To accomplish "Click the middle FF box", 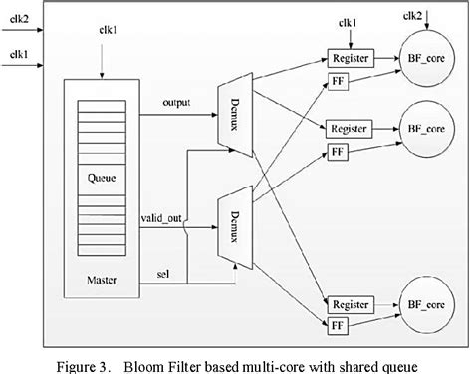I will pos(338,153).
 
